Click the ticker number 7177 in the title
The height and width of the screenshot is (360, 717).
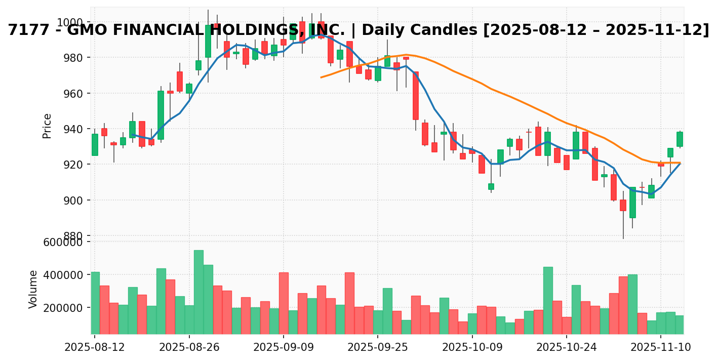[x=23, y=30]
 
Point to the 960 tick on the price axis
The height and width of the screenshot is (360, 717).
[x=73, y=94]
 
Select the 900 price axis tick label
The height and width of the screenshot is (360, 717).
[x=73, y=201]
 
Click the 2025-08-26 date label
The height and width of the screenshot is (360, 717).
[x=189, y=348]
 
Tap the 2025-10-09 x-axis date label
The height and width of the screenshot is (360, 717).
[x=472, y=348]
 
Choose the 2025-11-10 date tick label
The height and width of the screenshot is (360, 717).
[x=660, y=348]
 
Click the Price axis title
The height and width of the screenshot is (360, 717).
[x=47, y=126]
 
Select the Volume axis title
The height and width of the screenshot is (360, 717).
[x=33, y=289]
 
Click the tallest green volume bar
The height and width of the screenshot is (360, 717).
[x=198, y=292]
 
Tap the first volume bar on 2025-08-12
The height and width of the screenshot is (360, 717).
[x=95, y=303]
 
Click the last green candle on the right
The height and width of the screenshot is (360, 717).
[x=680, y=139]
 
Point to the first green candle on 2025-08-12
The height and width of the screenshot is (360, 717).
[x=95, y=145]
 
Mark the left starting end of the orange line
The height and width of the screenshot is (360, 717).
[x=321, y=77]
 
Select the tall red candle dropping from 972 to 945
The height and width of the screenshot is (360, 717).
[x=416, y=96]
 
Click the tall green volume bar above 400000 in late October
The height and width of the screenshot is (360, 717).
[x=548, y=300]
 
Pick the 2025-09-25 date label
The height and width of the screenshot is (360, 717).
[x=377, y=348]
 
